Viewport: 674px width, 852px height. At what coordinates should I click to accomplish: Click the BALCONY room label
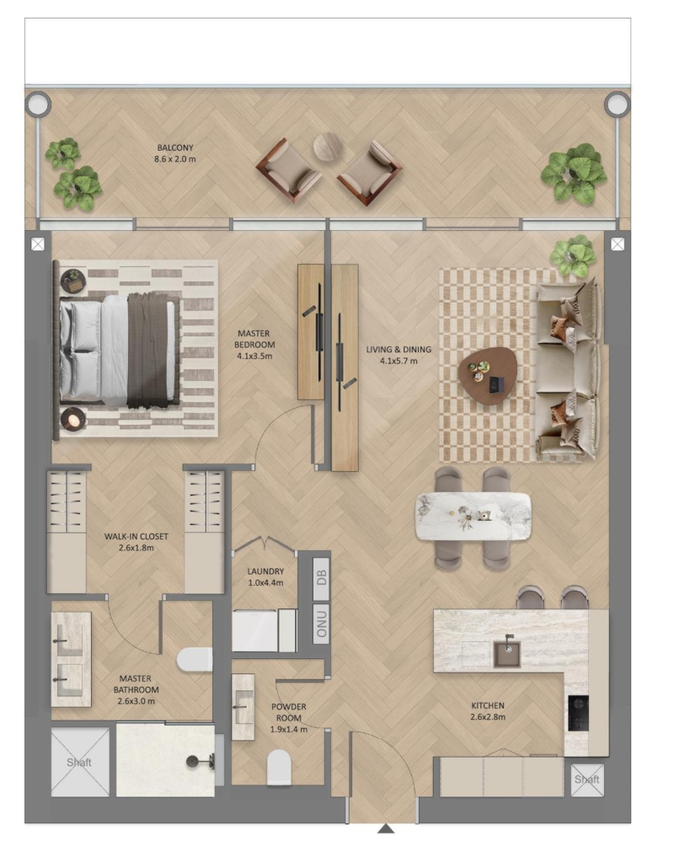[175, 153]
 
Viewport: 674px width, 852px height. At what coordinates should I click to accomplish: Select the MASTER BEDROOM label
[254, 345]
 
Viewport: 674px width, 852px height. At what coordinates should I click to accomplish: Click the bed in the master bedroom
[120, 351]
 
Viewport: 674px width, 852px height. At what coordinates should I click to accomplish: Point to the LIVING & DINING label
[399, 355]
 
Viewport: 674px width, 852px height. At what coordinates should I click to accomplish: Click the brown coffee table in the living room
[487, 376]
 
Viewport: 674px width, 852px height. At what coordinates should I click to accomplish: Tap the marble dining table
[473, 517]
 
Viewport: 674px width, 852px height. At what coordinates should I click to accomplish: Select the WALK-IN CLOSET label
[136, 542]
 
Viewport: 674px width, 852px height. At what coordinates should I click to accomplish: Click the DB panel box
[322, 578]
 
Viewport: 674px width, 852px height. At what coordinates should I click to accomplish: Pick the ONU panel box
[322, 624]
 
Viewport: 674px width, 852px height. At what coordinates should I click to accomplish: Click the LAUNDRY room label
[265, 576]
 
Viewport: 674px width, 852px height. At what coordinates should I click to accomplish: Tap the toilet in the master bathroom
[195, 660]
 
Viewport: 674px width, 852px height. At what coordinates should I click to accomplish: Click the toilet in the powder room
[279, 767]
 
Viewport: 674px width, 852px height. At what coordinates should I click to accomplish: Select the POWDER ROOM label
[288, 718]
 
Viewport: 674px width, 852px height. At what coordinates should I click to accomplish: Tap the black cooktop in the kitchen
[578, 713]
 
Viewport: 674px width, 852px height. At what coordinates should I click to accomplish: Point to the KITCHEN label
[488, 710]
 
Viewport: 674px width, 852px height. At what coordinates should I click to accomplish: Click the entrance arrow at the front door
[386, 828]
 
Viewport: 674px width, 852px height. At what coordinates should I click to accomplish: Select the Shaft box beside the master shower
[80, 763]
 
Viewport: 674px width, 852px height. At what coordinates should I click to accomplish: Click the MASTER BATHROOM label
[136, 689]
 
